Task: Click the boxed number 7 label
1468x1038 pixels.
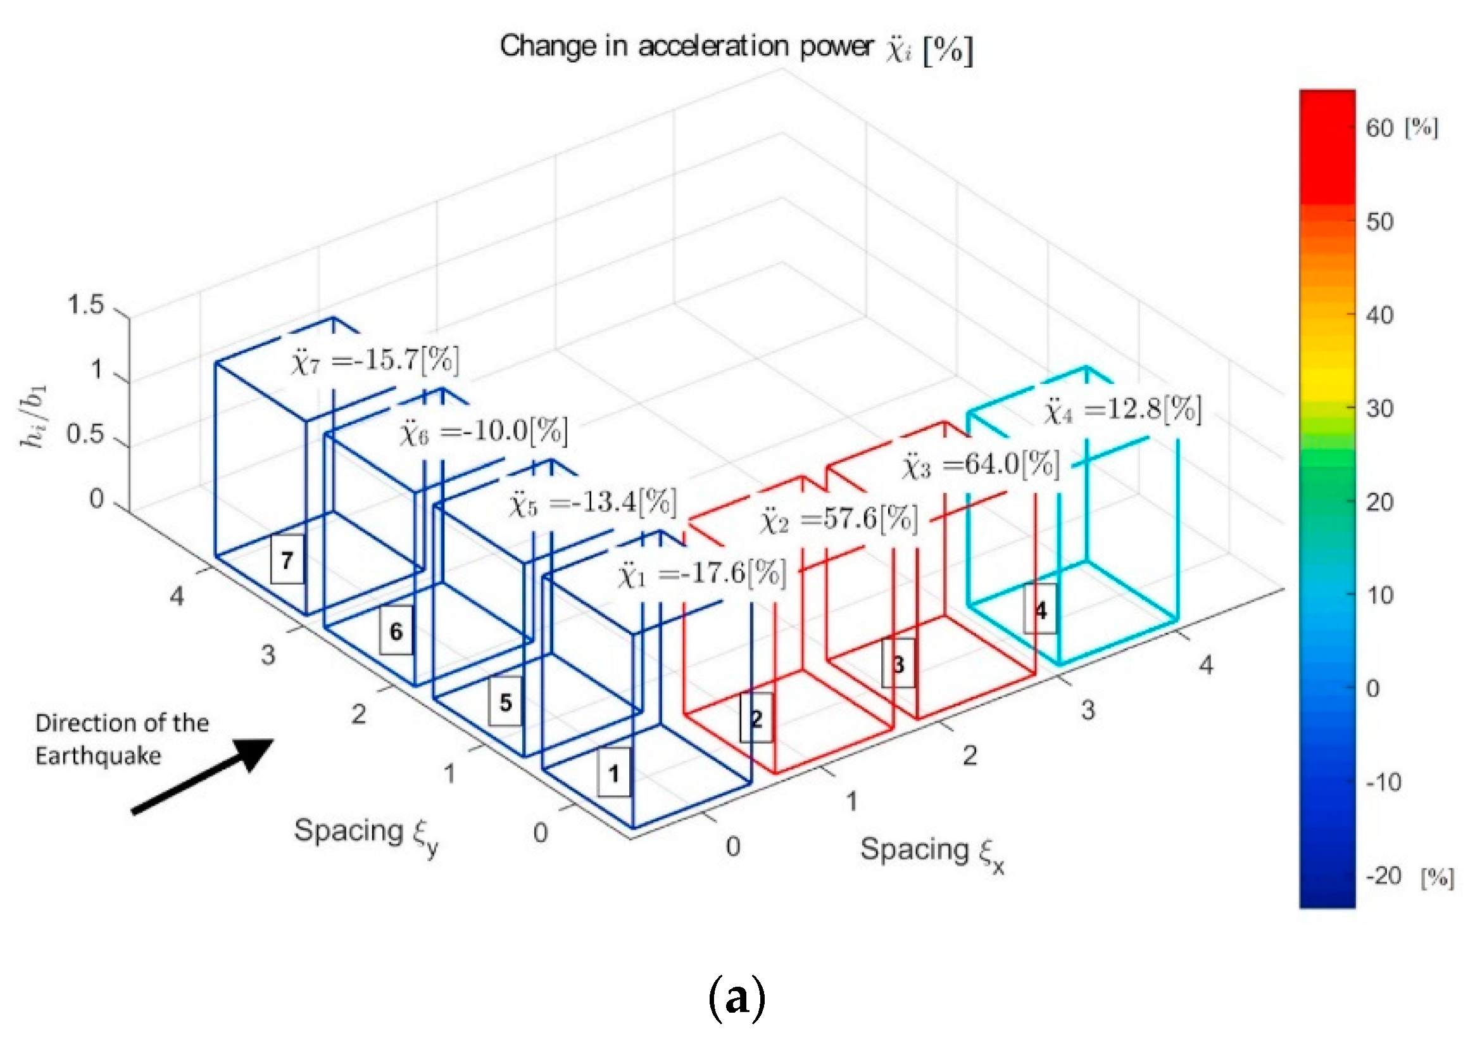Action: click(x=287, y=560)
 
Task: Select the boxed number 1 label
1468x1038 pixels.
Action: click(x=614, y=773)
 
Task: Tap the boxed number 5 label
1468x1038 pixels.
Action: click(x=505, y=702)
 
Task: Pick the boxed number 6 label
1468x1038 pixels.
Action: click(x=396, y=631)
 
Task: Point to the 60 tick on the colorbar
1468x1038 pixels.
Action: click(x=1380, y=129)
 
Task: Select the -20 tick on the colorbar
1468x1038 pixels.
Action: click(x=1383, y=875)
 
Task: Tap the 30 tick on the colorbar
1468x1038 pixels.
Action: click(x=1380, y=408)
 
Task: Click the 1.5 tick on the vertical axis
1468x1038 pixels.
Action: click(x=85, y=305)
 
